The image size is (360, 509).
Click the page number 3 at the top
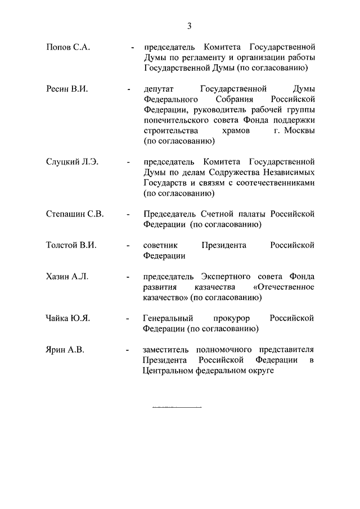coord(190,25)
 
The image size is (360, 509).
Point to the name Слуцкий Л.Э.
coord(72,162)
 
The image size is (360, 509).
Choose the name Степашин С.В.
coord(75,214)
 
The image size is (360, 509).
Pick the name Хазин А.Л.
coord(67,277)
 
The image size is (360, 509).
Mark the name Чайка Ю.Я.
coord(68,318)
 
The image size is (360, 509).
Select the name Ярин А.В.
coord(65,350)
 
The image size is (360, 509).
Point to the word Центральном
coord(167,371)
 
